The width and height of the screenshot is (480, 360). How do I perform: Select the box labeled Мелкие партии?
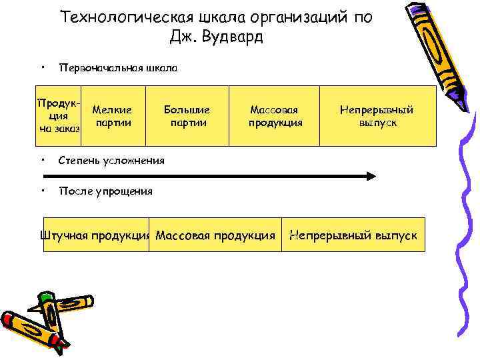111,116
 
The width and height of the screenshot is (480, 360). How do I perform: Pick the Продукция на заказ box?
59,116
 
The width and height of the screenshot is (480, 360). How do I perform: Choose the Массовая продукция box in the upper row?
275,116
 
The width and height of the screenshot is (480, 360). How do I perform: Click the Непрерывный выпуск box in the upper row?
377,116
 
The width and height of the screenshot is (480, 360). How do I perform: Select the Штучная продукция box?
95,235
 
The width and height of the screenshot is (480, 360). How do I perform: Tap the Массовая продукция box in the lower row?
215,235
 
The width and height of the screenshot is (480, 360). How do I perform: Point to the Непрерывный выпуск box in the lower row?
353,235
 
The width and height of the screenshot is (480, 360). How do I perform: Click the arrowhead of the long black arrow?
371,176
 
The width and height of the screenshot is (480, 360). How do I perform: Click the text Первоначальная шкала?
118,68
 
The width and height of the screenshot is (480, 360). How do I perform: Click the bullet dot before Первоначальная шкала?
42,67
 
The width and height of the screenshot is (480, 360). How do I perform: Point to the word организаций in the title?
291,17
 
